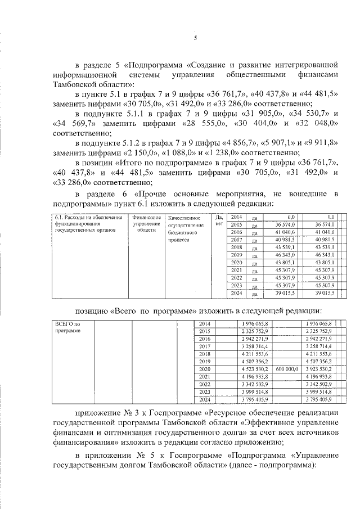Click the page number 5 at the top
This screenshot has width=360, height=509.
(195, 38)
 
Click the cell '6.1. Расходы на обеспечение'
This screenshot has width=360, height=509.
(83, 217)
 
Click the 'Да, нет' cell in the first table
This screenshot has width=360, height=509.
(218, 220)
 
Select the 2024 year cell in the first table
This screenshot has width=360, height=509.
(236, 293)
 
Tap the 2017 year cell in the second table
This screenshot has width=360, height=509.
(204, 347)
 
